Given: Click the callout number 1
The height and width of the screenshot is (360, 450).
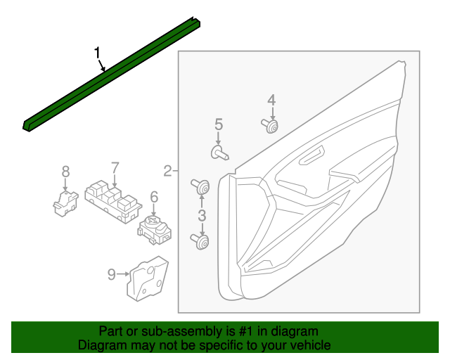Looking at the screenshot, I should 98,53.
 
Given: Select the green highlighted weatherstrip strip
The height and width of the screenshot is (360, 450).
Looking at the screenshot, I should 112,77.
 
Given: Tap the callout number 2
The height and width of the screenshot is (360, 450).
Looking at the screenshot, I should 168,170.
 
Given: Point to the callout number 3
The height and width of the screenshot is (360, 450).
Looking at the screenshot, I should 202,215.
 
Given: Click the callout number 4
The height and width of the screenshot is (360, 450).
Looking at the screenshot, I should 271,100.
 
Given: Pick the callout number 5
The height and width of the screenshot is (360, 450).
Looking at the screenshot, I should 219,124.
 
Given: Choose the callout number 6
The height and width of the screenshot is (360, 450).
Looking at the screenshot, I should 153,198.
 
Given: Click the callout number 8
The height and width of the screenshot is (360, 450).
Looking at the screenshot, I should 65,171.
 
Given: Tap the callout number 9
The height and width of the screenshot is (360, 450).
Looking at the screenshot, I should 112,275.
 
